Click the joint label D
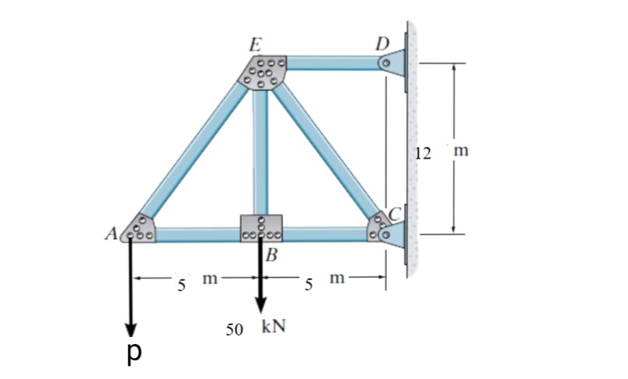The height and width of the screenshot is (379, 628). [382, 42]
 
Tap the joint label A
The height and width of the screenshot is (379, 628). [110, 231]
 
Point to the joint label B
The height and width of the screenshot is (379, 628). [270, 254]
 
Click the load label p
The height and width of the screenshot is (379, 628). [134, 351]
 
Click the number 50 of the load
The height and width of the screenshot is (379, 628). [235, 329]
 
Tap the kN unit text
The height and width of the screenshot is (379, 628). [273, 326]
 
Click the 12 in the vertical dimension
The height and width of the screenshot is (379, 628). [423, 152]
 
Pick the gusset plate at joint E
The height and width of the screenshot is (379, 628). [265, 72]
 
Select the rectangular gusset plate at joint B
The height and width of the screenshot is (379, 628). [262, 226]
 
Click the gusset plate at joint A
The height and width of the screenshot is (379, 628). [141, 228]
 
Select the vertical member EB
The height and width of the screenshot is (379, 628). [260, 152]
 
